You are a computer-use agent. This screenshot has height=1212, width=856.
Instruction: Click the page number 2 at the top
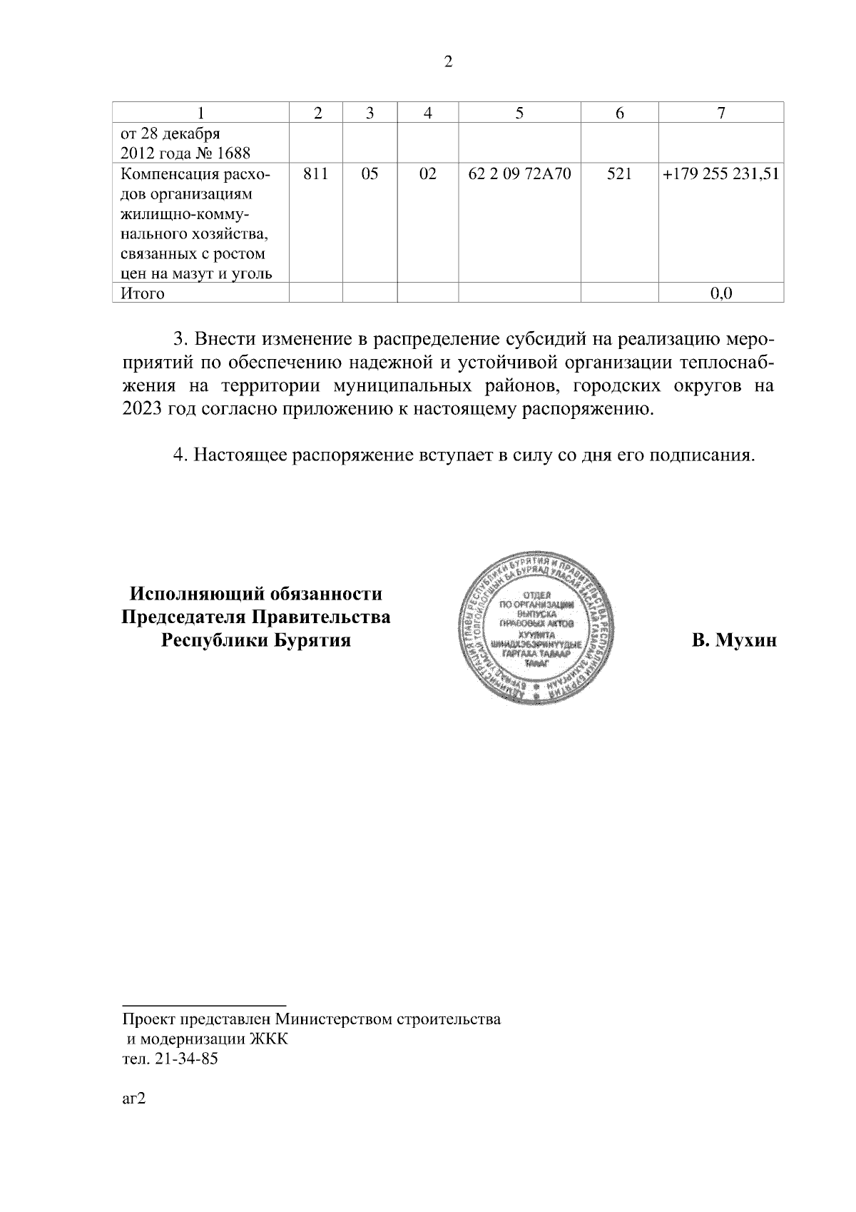448,62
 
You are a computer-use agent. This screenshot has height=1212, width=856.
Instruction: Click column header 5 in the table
519,113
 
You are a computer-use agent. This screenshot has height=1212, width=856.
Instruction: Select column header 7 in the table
721,113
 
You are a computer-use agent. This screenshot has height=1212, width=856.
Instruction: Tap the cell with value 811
315,173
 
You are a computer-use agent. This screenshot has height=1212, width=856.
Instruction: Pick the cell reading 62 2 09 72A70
519,173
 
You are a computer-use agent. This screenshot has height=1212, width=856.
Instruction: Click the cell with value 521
619,173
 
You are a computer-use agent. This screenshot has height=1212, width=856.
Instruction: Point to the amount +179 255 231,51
720,173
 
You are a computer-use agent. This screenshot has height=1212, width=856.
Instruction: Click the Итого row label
142,293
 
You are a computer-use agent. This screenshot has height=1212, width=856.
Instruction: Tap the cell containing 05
370,173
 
